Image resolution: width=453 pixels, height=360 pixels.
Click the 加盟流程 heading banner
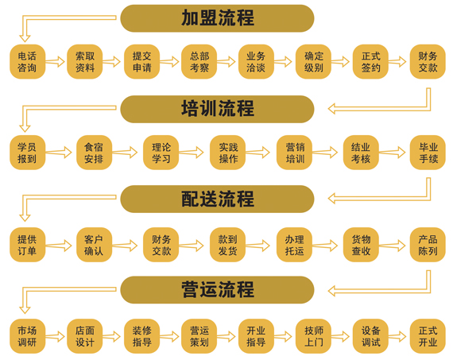tap(217, 18)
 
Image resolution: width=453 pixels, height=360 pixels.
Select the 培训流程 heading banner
tap(217, 109)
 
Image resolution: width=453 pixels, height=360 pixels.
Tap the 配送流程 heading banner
tap(217, 199)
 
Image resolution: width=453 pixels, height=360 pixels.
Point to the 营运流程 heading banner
tap(217, 289)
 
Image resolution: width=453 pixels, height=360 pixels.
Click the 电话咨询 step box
tap(28, 61)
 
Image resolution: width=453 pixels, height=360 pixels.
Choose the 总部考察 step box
tap(199, 61)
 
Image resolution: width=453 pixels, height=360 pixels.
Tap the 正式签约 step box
tap(370, 61)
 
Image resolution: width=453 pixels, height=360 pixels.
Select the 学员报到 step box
tap(28, 153)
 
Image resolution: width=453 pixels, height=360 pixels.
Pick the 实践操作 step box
tap(227, 153)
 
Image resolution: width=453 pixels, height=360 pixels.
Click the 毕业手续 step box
tap(428, 153)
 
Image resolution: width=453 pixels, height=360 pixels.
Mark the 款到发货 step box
tap(227, 245)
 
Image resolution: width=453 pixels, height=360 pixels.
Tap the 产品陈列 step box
tap(428, 245)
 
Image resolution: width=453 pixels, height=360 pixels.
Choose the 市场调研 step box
tap(28, 336)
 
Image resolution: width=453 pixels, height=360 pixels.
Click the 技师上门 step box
tap(313, 336)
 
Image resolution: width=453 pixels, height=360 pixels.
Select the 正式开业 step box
tap(428, 336)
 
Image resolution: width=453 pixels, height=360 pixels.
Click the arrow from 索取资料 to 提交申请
tap(111, 61)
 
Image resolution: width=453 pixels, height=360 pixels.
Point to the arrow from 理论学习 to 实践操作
tap(191, 153)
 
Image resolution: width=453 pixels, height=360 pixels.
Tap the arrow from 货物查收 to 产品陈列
tap(392, 246)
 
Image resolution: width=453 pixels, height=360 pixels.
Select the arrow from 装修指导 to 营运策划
tap(169, 337)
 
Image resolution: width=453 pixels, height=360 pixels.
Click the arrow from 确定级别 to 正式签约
tap(340, 61)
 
